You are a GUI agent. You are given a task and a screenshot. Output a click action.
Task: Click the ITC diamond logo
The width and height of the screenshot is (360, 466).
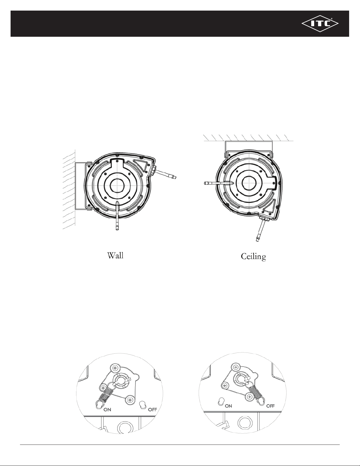point(320,24)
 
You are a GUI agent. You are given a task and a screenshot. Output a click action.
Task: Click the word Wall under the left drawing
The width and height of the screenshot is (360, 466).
point(115,255)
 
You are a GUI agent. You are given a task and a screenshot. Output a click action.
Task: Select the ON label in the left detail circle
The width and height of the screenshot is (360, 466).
point(107,409)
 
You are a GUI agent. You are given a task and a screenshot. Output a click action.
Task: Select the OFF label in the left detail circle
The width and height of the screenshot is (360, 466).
point(153,410)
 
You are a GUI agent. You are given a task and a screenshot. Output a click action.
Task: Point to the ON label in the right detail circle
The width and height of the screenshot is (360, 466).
point(228,406)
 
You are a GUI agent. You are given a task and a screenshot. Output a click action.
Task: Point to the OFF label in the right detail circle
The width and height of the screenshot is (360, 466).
point(271,406)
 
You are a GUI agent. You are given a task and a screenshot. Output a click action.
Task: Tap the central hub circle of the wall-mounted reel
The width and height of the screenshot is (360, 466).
point(118,186)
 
